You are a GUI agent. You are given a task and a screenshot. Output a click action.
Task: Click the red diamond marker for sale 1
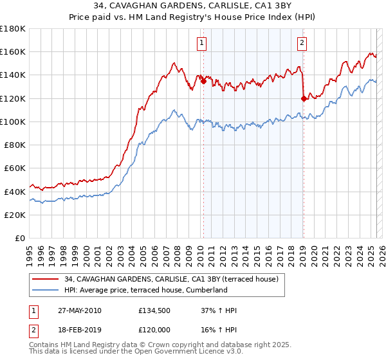click(x=203, y=81)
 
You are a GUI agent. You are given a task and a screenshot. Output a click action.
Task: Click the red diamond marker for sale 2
click(x=303, y=98)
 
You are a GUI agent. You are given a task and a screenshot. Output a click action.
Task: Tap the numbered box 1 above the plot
click(x=202, y=43)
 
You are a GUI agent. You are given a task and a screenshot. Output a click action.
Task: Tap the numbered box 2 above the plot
click(x=302, y=43)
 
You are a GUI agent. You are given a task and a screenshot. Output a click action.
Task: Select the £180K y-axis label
click(x=13, y=29)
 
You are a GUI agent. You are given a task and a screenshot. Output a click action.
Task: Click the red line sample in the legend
click(x=46, y=279)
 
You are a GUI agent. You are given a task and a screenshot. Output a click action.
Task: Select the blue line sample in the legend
click(x=46, y=290)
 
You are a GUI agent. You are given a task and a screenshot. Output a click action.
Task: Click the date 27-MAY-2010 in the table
click(x=80, y=310)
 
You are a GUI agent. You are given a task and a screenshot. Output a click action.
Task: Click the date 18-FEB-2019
click(x=79, y=329)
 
